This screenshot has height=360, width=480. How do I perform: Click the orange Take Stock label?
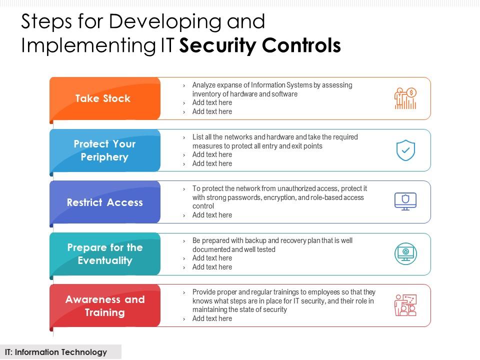point(103,98)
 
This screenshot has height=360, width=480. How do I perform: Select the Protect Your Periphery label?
point(104,150)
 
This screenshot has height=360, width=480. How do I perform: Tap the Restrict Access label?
point(104,202)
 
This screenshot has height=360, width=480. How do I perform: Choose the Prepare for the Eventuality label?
point(104,254)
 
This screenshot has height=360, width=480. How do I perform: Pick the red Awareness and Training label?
point(104,306)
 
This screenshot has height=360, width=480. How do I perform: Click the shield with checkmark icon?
point(405,150)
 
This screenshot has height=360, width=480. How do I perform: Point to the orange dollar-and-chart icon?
point(405,98)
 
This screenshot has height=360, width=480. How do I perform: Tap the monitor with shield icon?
point(405,201)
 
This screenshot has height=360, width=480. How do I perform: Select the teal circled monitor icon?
point(405,254)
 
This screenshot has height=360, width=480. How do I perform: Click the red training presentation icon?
point(405,305)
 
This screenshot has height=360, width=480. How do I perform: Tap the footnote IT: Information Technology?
point(56,352)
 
